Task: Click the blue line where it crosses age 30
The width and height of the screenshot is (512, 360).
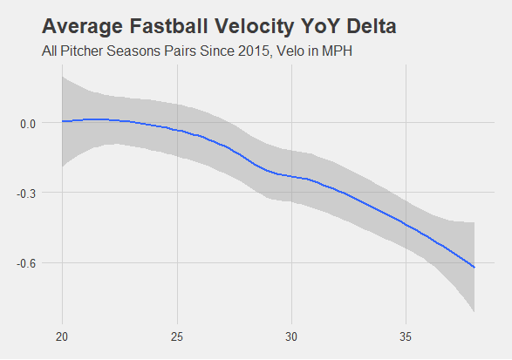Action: click(x=291, y=177)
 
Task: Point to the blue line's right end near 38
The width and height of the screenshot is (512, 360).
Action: click(x=474, y=267)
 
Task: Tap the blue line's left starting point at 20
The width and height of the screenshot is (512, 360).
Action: click(x=63, y=121)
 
